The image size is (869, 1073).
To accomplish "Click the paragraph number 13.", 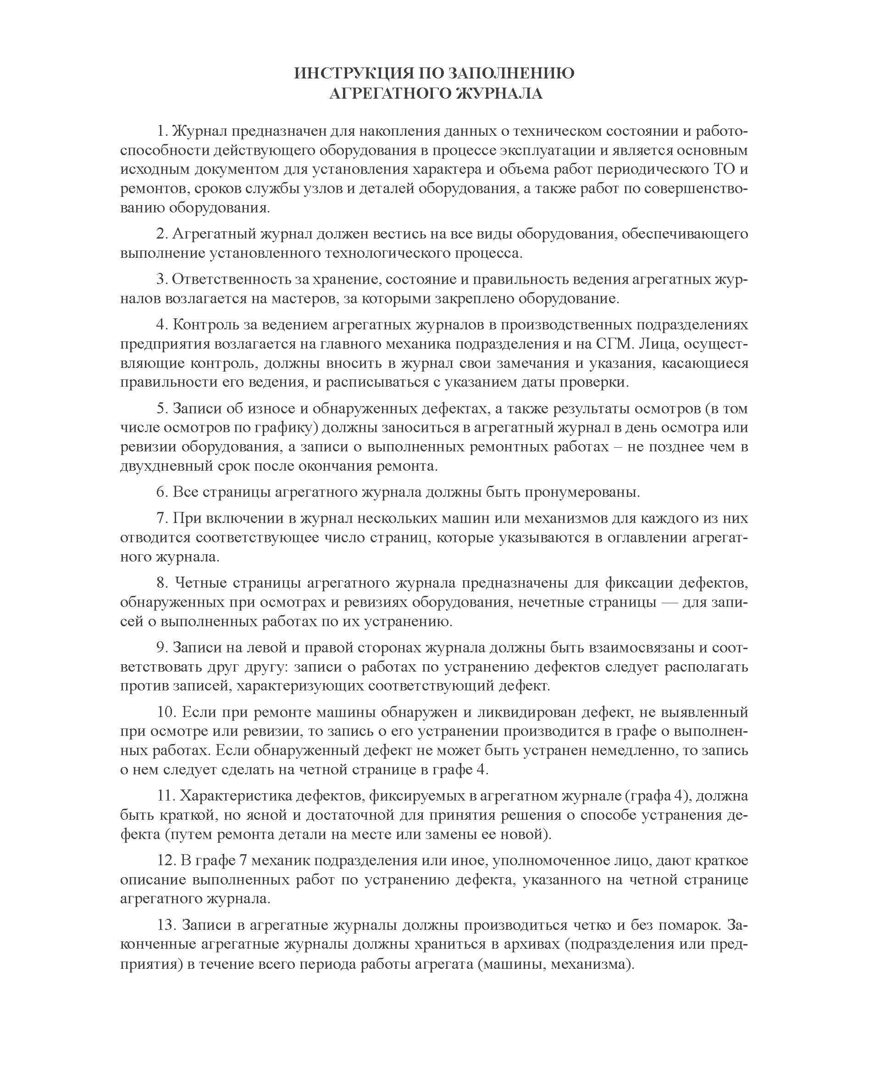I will click(165, 925).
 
